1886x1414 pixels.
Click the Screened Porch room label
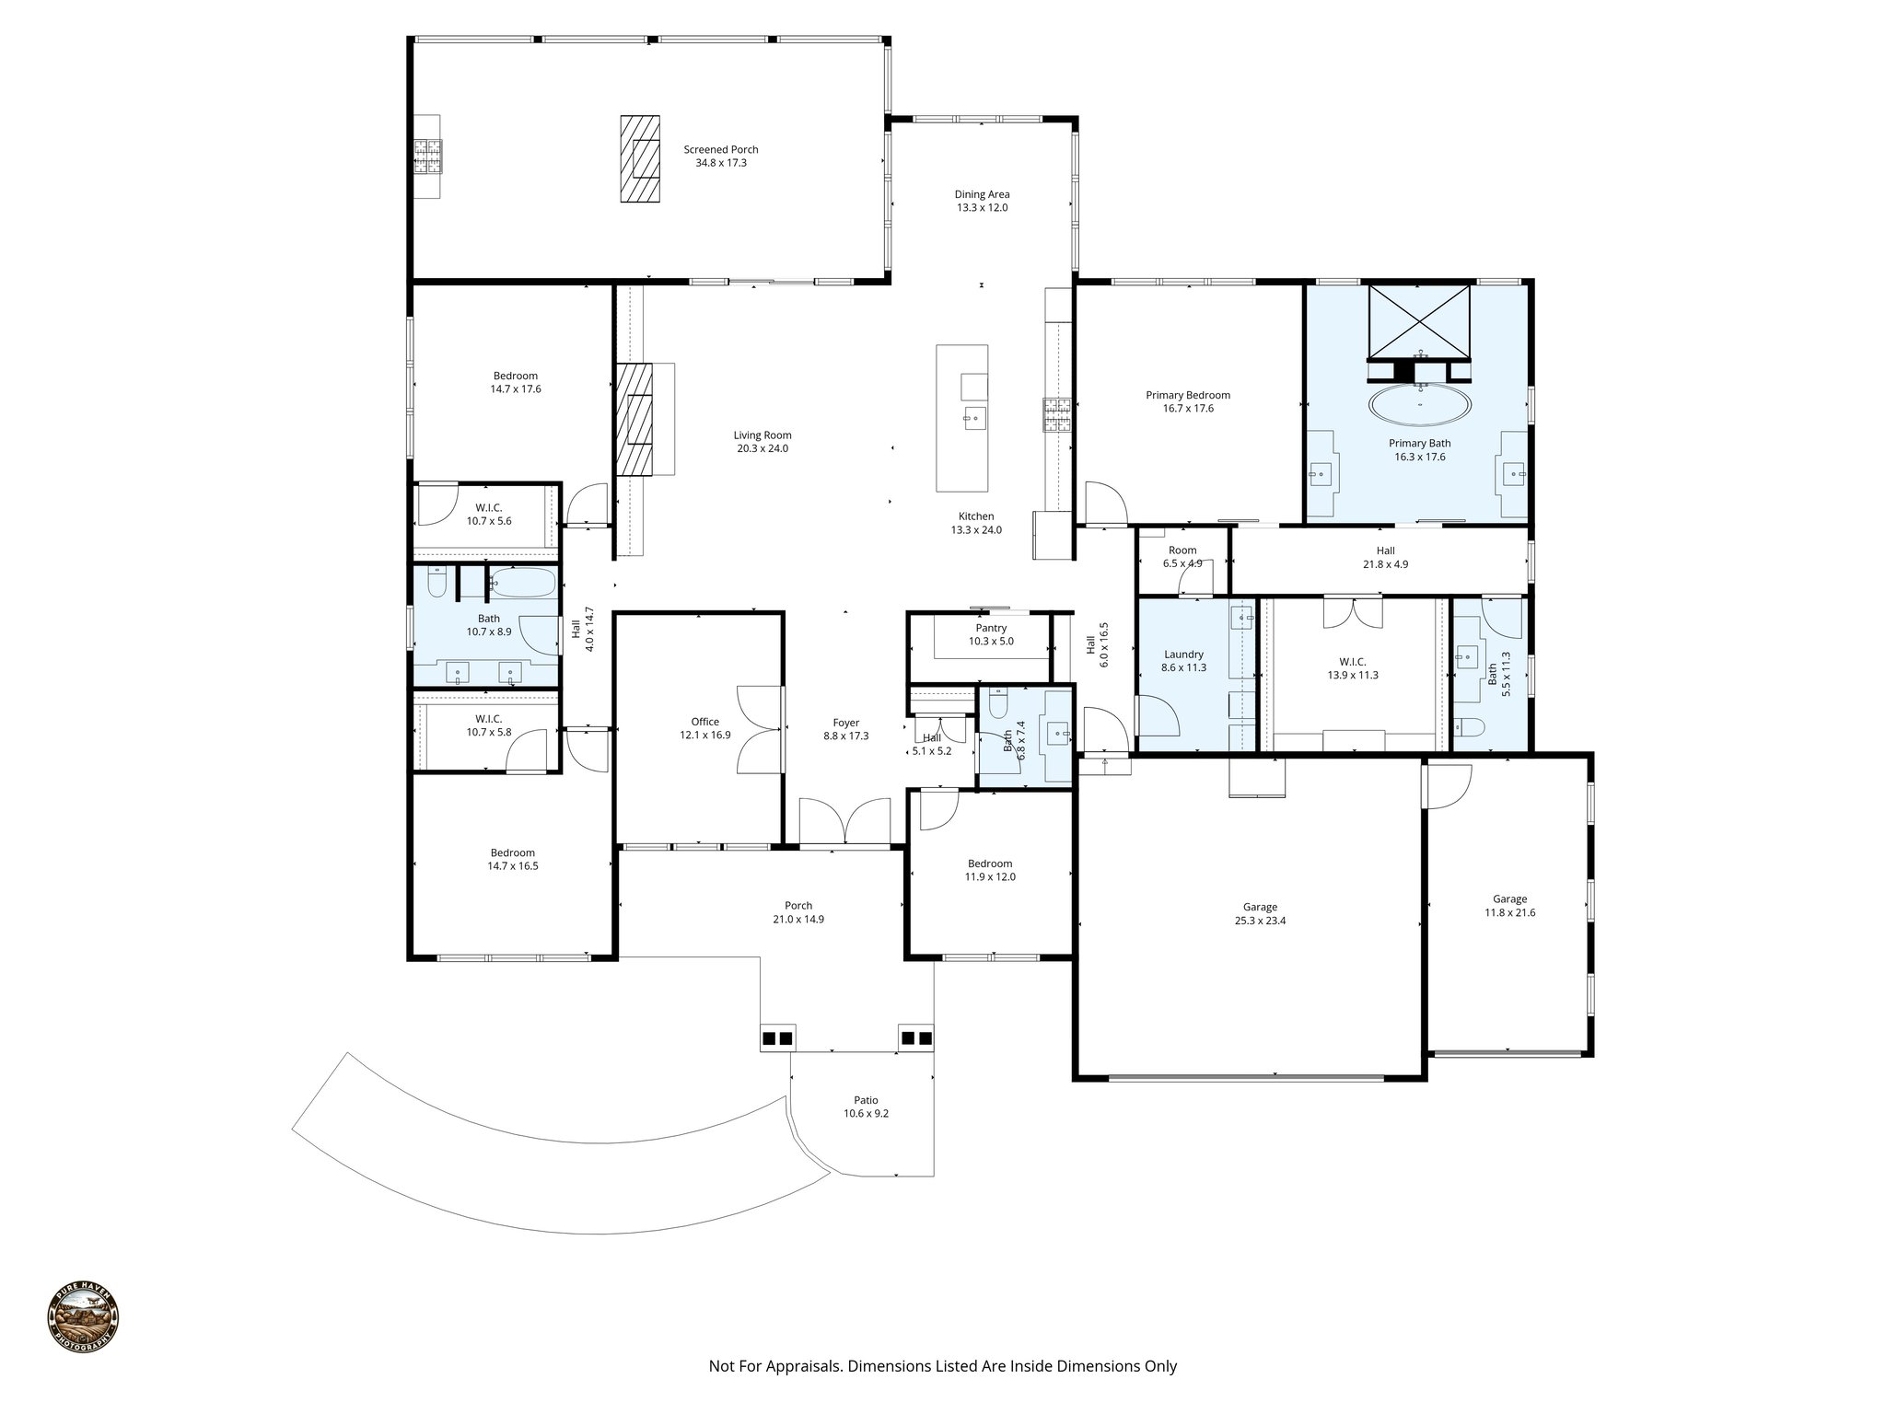coord(720,150)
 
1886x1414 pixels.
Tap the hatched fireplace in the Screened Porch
coord(639,158)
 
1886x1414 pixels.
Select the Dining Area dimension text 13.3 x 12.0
coord(982,208)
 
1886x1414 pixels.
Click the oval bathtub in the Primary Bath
coord(1419,403)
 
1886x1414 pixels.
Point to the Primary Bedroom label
coord(1187,395)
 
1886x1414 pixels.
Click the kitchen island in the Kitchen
coord(961,419)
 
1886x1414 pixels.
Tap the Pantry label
coord(991,628)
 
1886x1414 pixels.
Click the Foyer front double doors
coord(844,821)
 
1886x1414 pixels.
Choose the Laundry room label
coord(1183,655)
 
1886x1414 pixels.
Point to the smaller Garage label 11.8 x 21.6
coord(1509,906)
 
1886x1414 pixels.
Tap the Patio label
coord(866,1100)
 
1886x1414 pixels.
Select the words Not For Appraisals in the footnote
coord(774,1367)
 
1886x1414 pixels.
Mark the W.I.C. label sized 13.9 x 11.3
coord(1352,668)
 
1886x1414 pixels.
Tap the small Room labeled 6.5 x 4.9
coord(1182,557)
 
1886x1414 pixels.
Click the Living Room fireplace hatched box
coord(634,420)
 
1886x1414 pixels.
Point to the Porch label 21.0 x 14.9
coord(798,912)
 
